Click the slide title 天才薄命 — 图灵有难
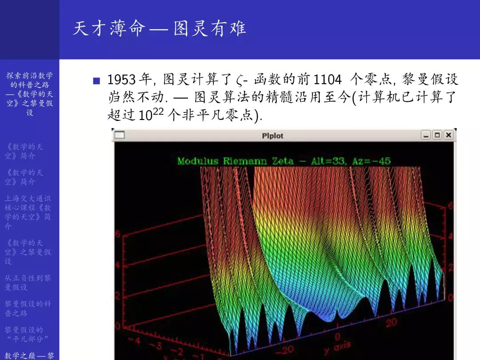[x=159, y=29]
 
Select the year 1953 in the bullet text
[x=121, y=80]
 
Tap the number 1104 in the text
[x=328, y=80]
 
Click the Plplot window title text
[x=272, y=136]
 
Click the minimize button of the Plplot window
[x=426, y=135]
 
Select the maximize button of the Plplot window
[x=437, y=135]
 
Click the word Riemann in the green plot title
[x=244, y=161]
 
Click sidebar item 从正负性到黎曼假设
[x=28, y=282]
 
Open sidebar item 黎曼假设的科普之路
[x=28, y=308]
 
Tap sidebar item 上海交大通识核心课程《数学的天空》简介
[x=28, y=212]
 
